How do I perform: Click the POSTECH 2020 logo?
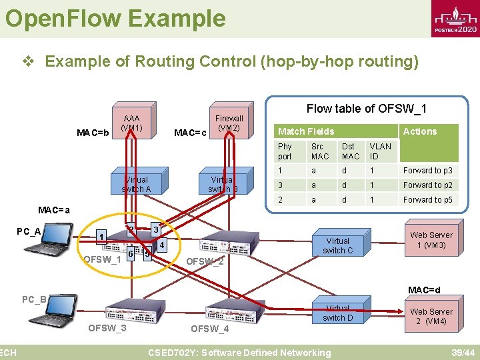[x=455, y=20]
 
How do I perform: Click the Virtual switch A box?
[x=136, y=185]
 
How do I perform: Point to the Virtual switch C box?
[x=338, y=246]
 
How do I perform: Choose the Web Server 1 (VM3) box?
[x=431, y=240]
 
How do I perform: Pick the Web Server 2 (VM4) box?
[x=431, y=317]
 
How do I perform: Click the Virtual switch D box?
[x=338, y=314]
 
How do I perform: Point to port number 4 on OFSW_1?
[x=162, y=245]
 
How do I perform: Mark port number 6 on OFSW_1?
[x=131, y=254]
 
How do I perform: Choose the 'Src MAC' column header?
[x=320, y=151]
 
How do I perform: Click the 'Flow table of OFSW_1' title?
[x=367, y=108]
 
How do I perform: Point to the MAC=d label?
[x=424, y=290]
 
